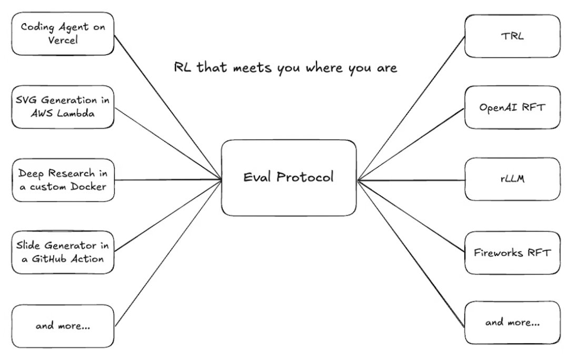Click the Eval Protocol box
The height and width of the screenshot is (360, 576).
pos(288,177)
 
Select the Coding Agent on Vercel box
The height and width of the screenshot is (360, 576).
pos(63,34)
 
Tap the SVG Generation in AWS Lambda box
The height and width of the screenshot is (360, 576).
pos(63,107)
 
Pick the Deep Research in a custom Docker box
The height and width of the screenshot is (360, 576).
pos(63,179)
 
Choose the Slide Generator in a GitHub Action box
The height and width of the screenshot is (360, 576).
pos(63,252)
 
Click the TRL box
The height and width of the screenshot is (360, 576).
pos(512,36)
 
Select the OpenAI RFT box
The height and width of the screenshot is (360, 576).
pos(512,107)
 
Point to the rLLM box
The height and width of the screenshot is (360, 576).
pos(512,179)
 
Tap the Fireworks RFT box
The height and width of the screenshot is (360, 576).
pos(512,253)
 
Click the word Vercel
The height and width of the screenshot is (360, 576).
pos(63,40)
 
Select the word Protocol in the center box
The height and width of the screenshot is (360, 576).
pos(307,177)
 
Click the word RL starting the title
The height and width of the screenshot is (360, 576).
pos(181,68)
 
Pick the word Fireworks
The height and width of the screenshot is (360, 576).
pos(499,253)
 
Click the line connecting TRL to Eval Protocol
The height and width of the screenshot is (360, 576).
pos(411,108)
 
